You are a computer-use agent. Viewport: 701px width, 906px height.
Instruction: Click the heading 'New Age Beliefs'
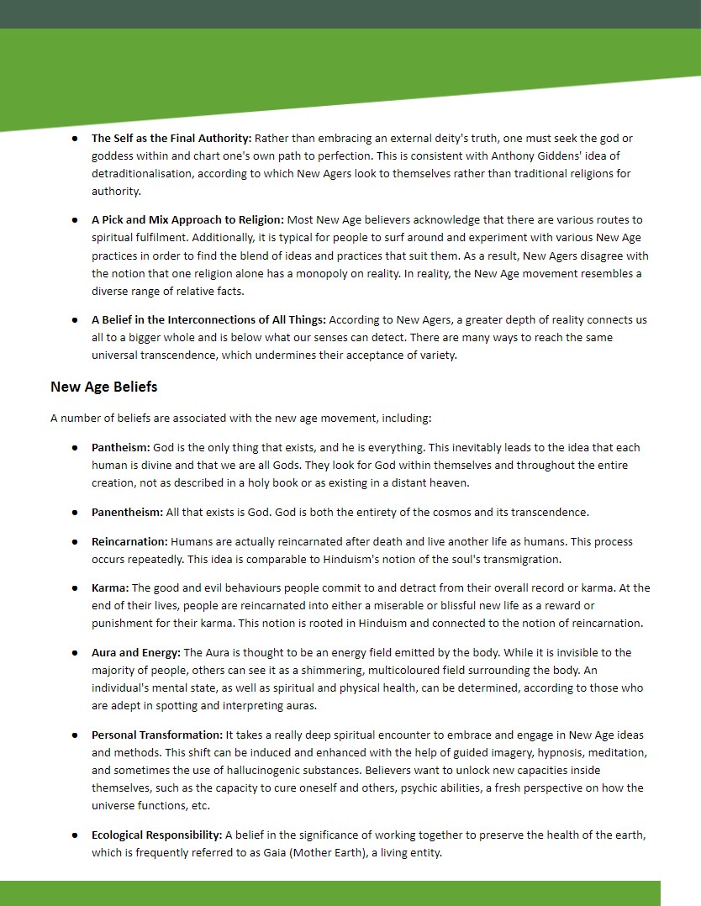[103, 387]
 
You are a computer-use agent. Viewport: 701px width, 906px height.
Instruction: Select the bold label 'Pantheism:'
[120, 448]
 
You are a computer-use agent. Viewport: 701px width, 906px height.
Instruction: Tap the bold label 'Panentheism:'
[127, 512]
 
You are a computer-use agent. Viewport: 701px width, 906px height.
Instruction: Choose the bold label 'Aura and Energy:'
[136, 652]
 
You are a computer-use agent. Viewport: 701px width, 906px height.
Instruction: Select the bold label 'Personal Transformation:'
[157, 735]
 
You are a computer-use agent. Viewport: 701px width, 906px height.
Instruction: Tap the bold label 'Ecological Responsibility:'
[156, 835]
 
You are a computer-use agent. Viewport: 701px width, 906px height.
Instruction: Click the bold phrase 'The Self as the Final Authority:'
[171, 138]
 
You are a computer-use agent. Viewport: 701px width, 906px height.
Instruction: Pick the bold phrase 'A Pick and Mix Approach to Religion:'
[187, 220]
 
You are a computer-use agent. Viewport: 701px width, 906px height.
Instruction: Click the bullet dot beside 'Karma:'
[76, 588]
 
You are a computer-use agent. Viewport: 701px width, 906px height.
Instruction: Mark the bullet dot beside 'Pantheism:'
[76, 448]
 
